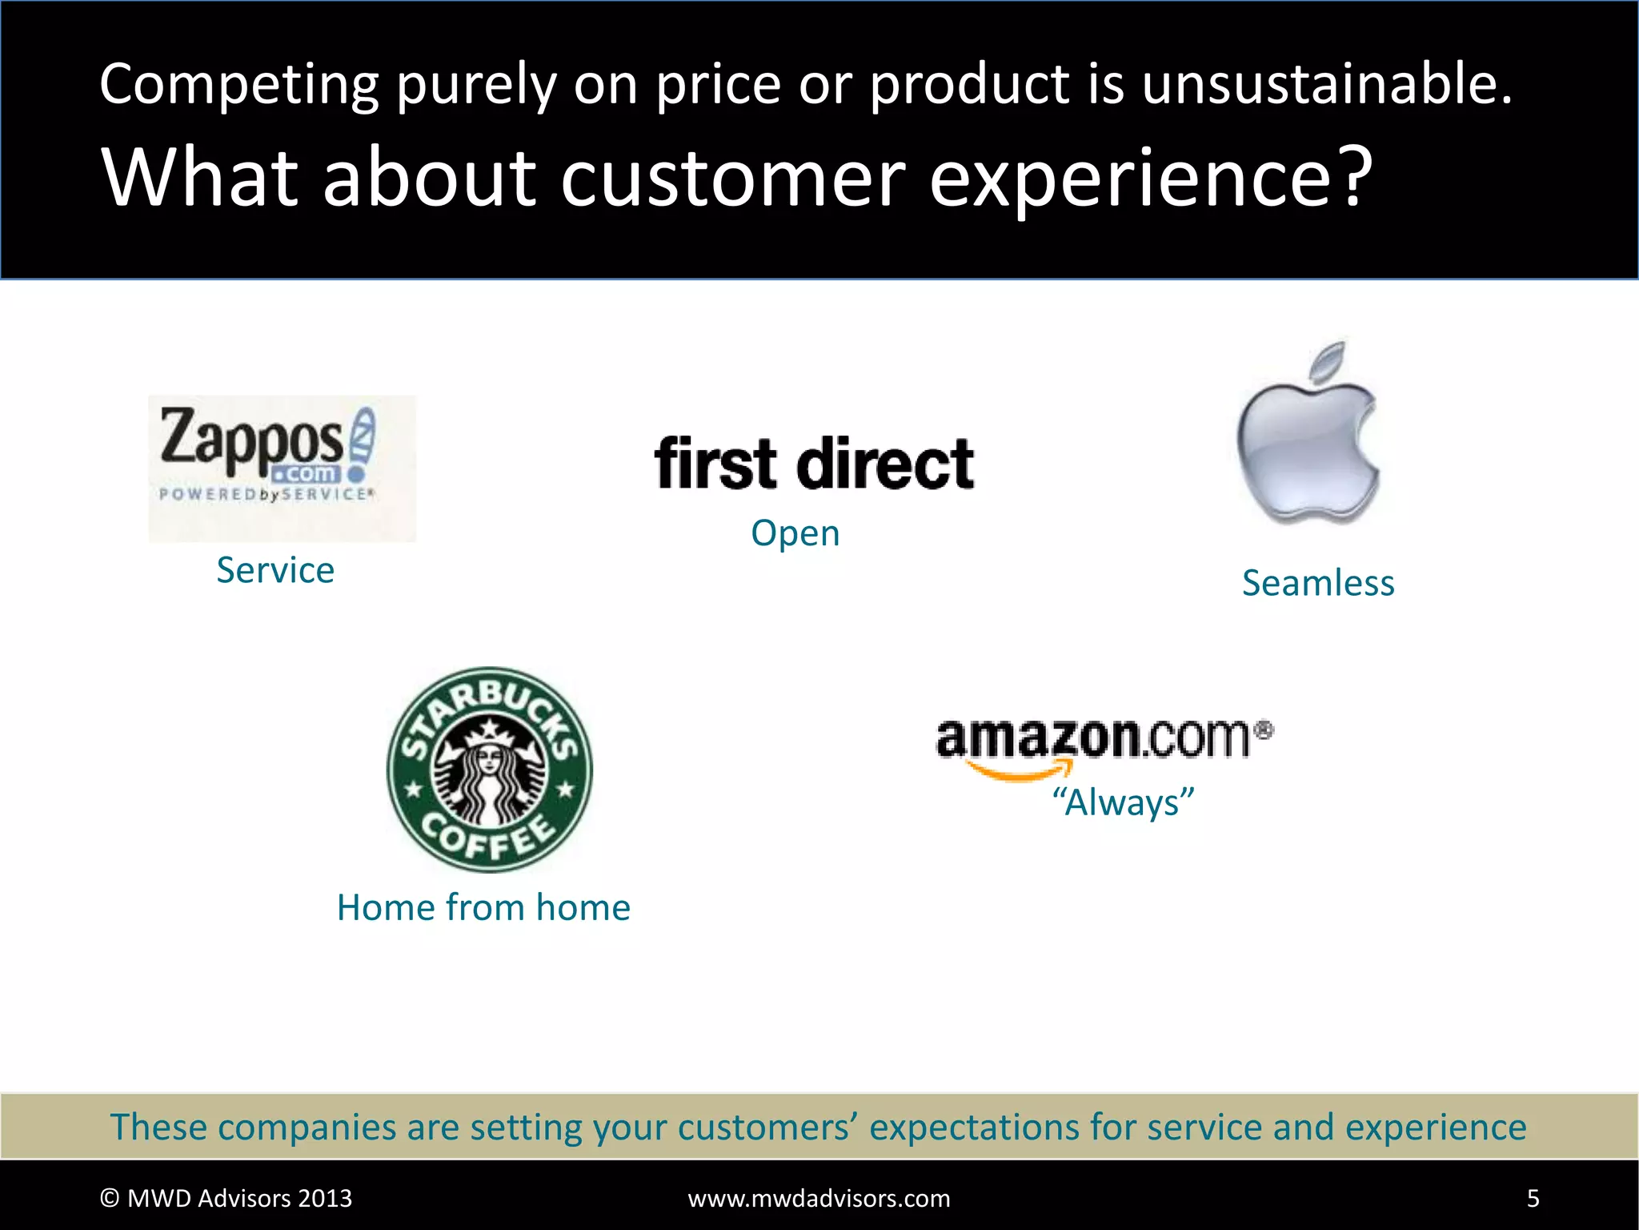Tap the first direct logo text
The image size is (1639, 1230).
(814, 464)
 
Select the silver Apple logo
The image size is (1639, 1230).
(1308, 444)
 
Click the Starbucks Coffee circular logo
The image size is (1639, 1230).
(490, 770)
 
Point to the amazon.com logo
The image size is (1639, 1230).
(1104, 738)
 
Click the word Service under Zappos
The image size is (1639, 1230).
(275, 570)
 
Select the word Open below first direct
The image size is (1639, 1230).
(795, 533)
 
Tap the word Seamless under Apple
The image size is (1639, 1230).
(1318, 583)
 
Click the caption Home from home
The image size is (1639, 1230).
(483, 907)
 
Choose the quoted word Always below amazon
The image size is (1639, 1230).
(1123, 802)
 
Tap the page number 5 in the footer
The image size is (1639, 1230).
(1533, 1198)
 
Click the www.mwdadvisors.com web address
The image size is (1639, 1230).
(819, 1198)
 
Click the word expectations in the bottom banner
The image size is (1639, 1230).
(1000, 1127)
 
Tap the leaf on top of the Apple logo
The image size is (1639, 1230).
(1328, 359)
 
